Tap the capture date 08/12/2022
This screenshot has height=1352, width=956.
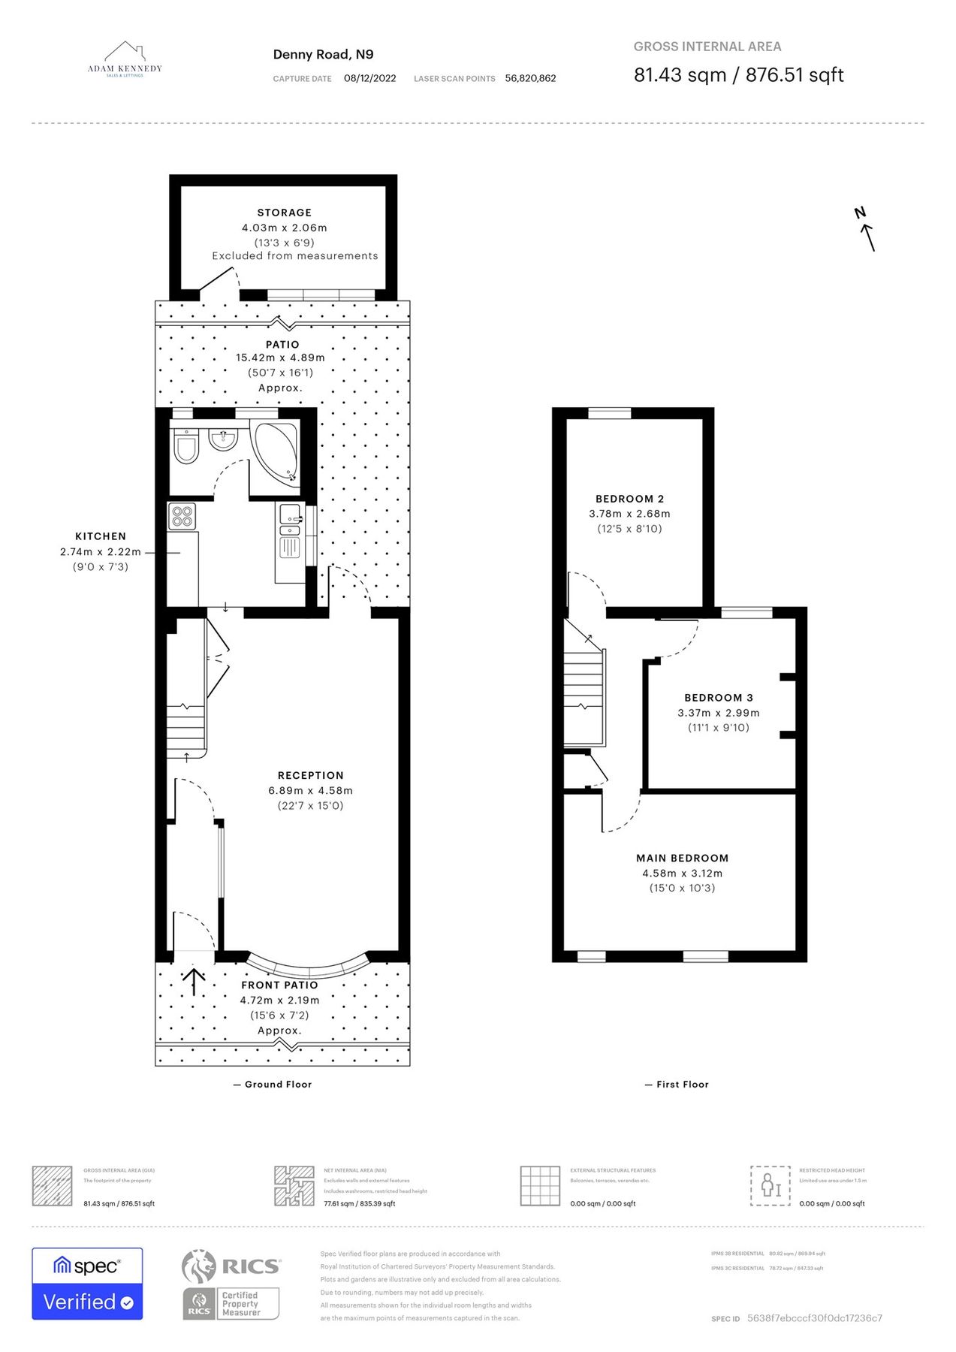[x=369, y=78]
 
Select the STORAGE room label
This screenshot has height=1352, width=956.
[x=284, y=213]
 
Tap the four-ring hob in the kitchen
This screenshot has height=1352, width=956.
[x=182, y=516]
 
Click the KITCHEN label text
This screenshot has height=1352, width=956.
[x=101, y=536]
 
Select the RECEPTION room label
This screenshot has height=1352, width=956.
[x=310, y=775]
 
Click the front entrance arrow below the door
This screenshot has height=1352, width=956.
[x=195, y=981]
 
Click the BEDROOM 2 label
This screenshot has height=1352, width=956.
[x=629, y=499]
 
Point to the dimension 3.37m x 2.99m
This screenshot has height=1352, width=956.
[x=718, y=713]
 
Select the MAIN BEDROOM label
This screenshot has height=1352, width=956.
[x=682, y=858]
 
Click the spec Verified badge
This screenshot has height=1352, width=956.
[x=87, y=1284]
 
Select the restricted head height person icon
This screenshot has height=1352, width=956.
[x=770, y=1186]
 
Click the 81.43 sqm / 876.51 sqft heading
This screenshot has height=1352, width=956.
[x=738, y=75]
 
